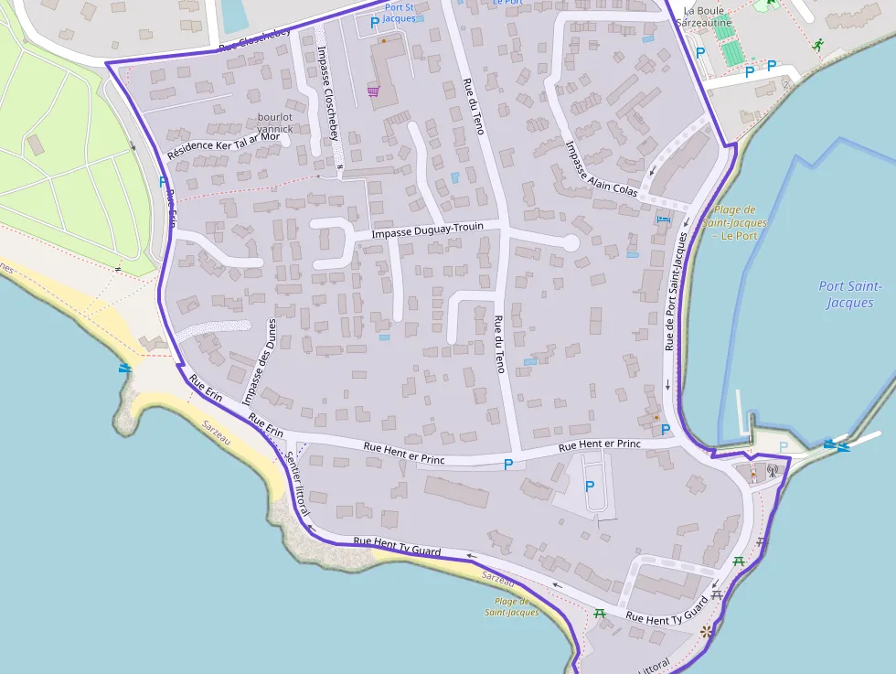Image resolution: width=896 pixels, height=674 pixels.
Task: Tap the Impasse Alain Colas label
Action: tap(601, 168)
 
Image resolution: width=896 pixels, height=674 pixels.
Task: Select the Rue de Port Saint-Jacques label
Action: tap(674, 291)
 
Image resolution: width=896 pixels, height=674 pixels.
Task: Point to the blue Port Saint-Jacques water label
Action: tap(850, 294)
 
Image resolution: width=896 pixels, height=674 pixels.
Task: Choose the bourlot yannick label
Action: tap(275, 123)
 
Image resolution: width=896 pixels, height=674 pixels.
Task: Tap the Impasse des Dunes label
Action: tap(259, 361)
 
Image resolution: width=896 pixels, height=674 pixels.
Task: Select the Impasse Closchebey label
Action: tap(326, 92)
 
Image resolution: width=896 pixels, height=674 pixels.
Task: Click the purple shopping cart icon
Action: tap(373, 91)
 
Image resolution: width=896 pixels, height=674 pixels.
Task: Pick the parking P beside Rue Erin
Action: tap(164, 182)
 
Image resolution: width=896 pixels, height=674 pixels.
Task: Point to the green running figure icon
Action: tap(816, 44)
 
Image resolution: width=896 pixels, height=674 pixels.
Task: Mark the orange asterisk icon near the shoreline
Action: tap(705, 631)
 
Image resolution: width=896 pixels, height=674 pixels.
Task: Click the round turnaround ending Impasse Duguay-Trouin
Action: tap(570, 243)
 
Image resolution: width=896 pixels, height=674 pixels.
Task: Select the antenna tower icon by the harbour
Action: tap(771, 472)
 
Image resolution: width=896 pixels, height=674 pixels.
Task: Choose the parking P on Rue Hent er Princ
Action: tap(508, 465)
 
